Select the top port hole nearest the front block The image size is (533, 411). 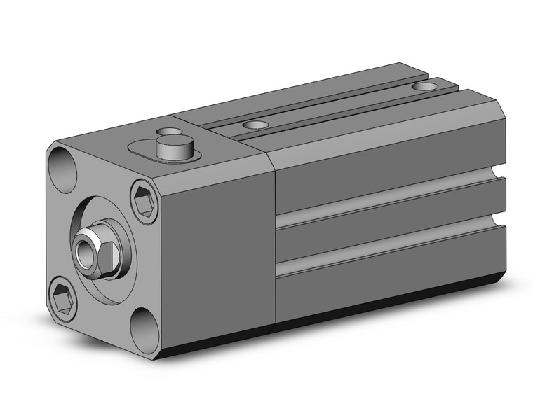[x=255, y=125]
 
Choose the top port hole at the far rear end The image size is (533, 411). [x=423, y=87]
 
